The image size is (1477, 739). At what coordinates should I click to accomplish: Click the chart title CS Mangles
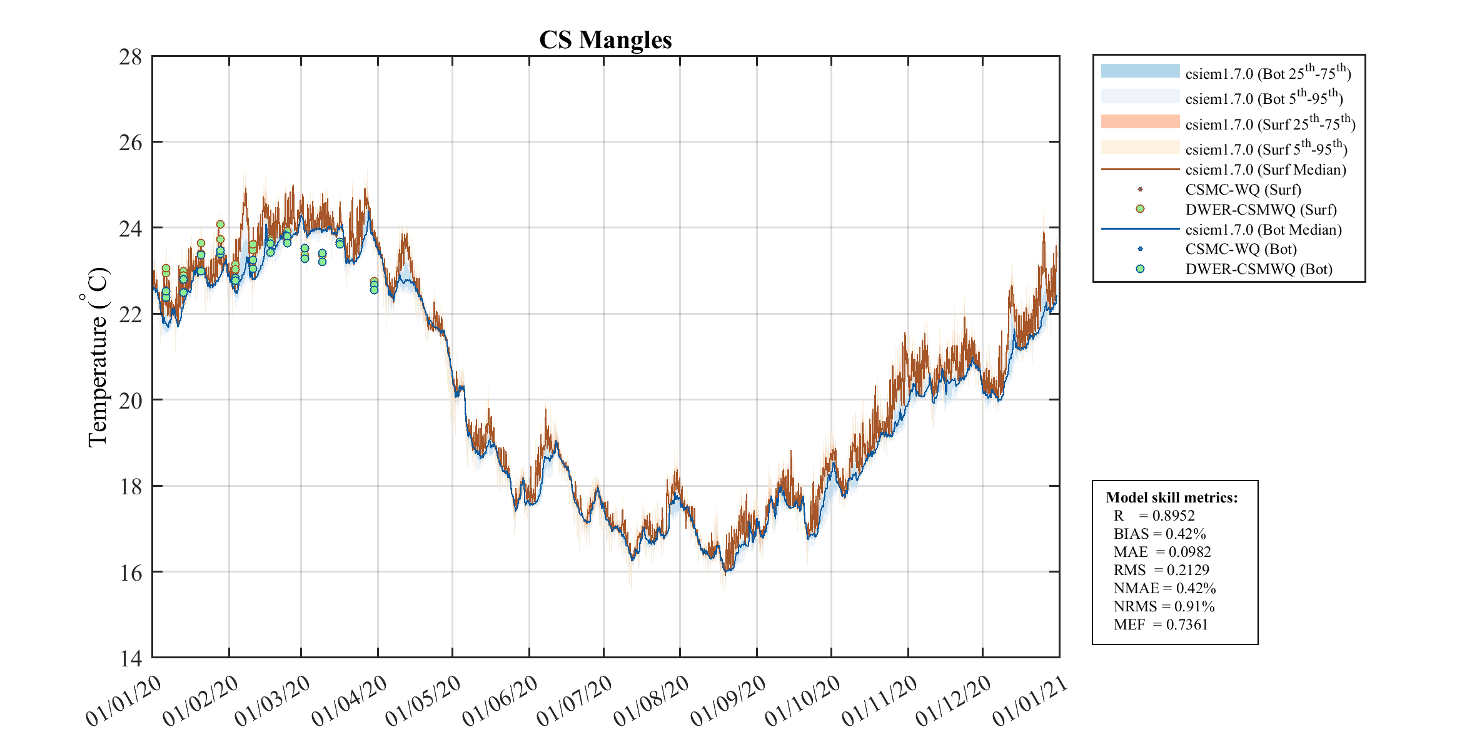[605, 40]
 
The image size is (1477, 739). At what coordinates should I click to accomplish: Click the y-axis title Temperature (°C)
[96, 357]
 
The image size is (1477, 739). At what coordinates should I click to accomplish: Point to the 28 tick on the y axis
[131, 57]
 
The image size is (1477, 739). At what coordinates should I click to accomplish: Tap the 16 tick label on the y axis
[131, 573]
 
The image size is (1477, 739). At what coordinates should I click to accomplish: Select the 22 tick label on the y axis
[131, 315]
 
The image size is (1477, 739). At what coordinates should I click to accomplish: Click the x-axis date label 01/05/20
[423, 701]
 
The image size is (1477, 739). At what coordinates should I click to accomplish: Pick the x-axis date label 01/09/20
[728, 701]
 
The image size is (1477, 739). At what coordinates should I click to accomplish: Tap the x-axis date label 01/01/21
[1030, 701]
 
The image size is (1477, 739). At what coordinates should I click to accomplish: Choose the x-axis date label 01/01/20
[123, 701]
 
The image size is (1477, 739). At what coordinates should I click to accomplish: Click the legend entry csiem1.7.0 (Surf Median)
[1265, 170]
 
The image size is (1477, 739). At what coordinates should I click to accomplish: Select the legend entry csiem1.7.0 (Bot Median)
[1263, 230]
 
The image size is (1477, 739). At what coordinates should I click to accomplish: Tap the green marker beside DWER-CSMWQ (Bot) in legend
[1140, 269]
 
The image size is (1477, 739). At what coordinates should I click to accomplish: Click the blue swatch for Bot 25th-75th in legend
[1140, 71]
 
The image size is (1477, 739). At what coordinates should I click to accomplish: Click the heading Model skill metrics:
[1171, 497]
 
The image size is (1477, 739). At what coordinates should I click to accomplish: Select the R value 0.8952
[1173, 516]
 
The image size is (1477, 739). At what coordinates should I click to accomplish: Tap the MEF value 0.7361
[1187, 624]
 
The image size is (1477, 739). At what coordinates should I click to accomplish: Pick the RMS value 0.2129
[1187, 570]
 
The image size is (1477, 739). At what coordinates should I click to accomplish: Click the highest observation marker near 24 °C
[220, 225]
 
